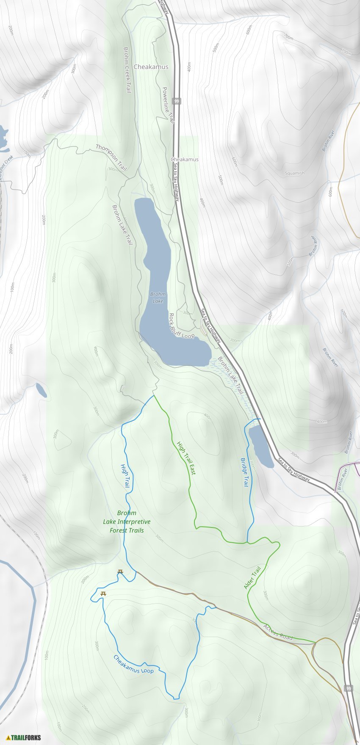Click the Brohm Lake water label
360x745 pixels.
click(x=158, y=298)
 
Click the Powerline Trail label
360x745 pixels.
click(x=168, y=105)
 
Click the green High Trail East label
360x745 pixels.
click(x=186, y=458)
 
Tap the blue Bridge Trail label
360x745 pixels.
click(x=245, y=472)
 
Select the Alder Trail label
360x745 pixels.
click(x=252, y=577)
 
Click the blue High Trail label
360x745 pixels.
click(x=125, y=476)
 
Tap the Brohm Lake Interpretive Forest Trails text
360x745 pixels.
click(x=127, y=521)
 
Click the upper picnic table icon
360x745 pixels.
click(x=120, y=572)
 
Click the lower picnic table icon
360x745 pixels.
click(x=103, y=594)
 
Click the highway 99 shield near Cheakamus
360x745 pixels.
click(x=177, y=101)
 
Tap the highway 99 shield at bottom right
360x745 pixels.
click(x=348, y=688)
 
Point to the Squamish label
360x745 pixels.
click(x=294, y=173)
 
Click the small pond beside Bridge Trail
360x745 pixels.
click(x=260, y=447)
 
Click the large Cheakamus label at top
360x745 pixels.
click(x=151, y=67)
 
